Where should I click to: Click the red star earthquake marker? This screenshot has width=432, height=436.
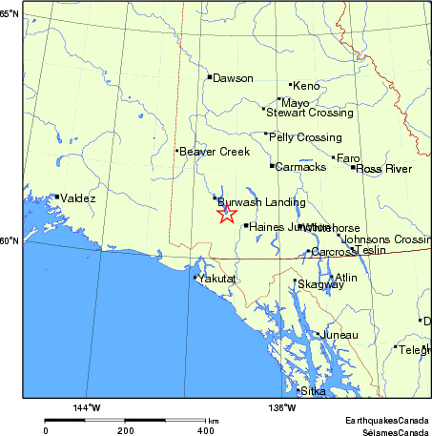coord(226,214)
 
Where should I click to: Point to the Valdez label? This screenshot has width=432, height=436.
coord(78,198)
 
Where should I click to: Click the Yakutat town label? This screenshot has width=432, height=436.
coord(216,279)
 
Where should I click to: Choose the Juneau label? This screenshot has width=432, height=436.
coord(339,335)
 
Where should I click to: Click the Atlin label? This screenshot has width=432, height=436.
coord(345,278)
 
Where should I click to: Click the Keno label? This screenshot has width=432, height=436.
coord(306,85)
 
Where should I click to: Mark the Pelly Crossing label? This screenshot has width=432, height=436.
coord(305,137)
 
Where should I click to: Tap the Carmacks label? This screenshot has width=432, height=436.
coord(301,167)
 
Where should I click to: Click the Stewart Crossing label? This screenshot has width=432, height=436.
coord(310,113)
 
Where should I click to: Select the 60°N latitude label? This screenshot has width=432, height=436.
coord(10,240)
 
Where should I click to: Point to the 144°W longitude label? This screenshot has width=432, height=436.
coord(87,407)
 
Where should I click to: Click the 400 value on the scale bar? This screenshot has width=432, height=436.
coord(205,430)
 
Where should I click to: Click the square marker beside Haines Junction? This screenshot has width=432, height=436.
coord(246,226)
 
